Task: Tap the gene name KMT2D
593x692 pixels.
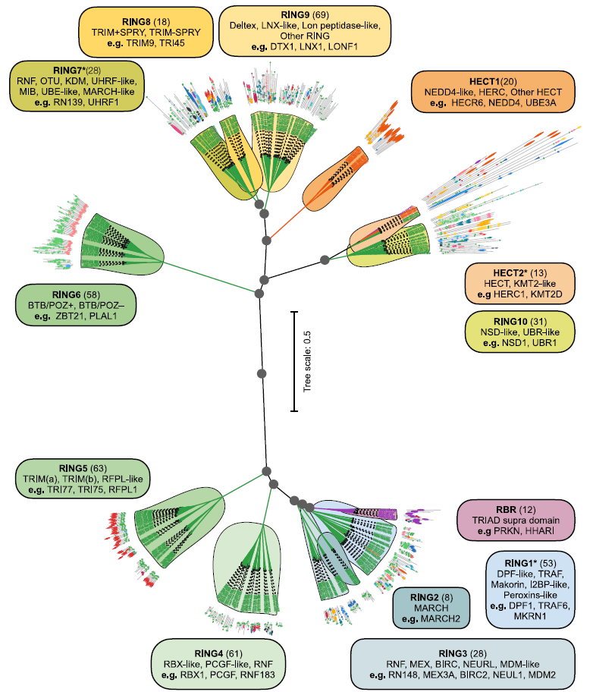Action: pos(543,293)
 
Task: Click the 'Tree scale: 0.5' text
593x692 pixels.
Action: pos(307,361)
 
